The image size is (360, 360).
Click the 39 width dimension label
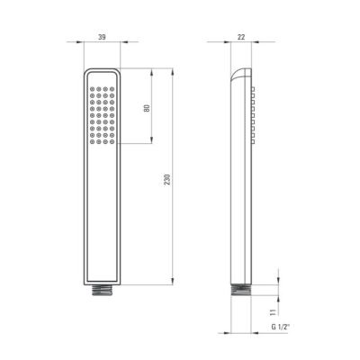pyautogui.click(x=102, y=37)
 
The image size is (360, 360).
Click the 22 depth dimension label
pyautogui.click(x=241, y=37)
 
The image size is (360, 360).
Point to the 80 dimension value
pyautogui.click(x=147, y=108)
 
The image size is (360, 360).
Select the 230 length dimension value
pyautogui.click(x=167, y=179)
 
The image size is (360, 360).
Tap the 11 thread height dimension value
pyautogui.click(x=274, y=312)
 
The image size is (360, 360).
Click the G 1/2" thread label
pyautogui.click(x=281, y=327)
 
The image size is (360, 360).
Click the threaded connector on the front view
pyautogui.click(x=102, y=290)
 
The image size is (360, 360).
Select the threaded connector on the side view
pyautogui.click(x=241, y=290)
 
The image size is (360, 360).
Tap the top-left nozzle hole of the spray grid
pyautogui.click(x=92, y=89)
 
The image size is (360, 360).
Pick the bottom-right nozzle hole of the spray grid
pyautogui.click(x=112, y=141)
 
